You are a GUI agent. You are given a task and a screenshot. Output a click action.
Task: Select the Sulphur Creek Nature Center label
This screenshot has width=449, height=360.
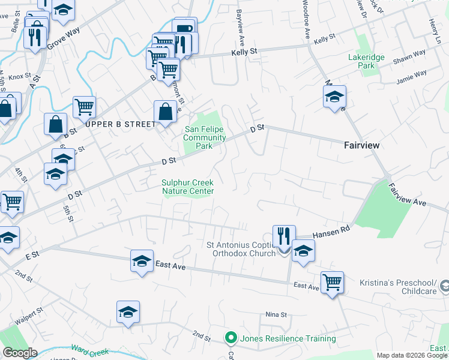[x=188, y=187]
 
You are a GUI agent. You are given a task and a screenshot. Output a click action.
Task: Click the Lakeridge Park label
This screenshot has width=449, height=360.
[x=362, y=61]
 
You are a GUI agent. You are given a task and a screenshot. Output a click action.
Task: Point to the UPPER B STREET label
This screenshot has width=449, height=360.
[x=120, y=124]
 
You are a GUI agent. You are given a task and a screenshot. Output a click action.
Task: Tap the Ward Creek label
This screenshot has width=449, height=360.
[x=88, y=348]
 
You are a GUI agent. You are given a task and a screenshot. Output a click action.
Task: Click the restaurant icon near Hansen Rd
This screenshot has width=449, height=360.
[x=283, y=236]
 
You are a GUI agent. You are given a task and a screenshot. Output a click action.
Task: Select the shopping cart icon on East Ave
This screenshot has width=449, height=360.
[x=332, y=281]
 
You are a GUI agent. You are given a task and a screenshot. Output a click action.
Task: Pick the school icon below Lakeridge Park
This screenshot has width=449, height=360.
[x=334, y=96]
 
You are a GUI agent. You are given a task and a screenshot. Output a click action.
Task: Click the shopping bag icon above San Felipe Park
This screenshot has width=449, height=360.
[x=165, y=111]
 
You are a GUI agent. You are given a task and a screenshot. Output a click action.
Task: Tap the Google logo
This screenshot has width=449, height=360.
[x=20, y=353]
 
